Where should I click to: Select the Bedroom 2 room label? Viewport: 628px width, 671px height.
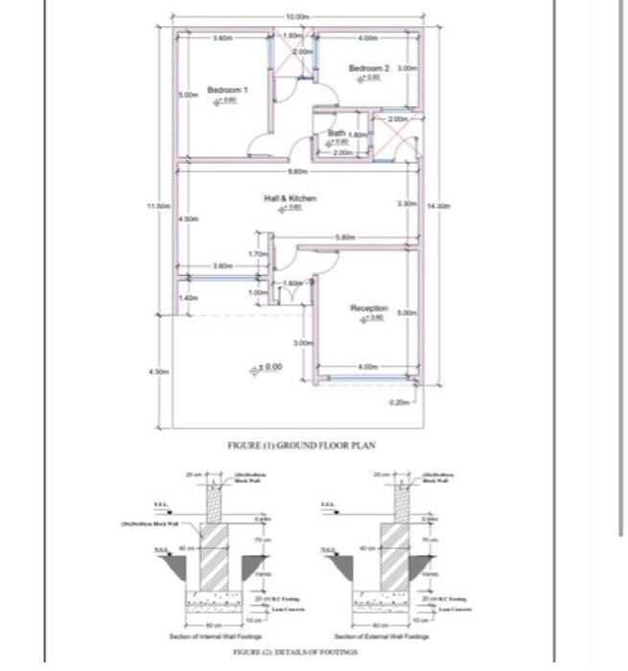point(369,69)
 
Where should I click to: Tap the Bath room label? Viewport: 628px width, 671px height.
point(337,133)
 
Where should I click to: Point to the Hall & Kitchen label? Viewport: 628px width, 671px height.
point(290,198)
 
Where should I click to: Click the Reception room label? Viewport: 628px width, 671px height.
point(369,309)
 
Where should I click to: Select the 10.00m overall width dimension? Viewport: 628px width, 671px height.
point(298,17)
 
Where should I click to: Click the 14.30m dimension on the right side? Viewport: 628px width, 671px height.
point(438,205)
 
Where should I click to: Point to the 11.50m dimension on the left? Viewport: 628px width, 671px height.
point(158,205)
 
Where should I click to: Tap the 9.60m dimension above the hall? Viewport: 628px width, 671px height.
point(298,171)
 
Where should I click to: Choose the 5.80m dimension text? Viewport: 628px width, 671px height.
point(345,237)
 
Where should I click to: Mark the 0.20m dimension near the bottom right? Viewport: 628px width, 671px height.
point(400,403)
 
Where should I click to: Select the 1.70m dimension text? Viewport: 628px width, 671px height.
point(257,254)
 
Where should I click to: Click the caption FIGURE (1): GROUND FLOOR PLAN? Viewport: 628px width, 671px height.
point(301,445)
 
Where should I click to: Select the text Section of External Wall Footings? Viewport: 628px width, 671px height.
point(382,636)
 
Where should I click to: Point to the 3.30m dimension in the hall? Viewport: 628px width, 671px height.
point(407,204)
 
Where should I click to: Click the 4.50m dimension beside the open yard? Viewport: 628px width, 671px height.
point(158,371)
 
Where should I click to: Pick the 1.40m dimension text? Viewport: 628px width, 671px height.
point(189,298)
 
